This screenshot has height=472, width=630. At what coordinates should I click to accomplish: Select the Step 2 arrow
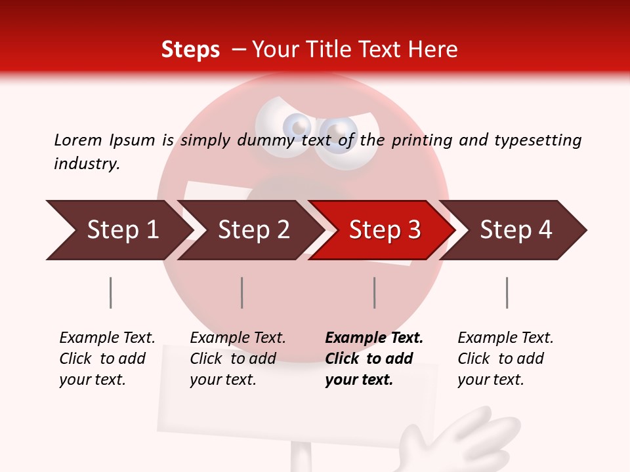[252, 230]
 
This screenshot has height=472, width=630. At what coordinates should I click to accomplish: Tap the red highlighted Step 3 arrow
[383, 230]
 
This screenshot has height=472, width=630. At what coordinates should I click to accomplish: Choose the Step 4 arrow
[516, 230]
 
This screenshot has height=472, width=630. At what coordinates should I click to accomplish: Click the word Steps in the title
[190, 50]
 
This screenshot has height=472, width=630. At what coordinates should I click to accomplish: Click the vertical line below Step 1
[110, 292]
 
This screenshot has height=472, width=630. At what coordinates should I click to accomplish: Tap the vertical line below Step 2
[242, 292]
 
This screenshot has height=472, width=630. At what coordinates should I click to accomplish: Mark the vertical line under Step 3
[375, 292]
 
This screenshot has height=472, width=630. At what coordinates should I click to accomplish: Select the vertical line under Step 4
[507, 292]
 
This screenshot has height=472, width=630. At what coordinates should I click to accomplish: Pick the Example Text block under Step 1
[107, 358]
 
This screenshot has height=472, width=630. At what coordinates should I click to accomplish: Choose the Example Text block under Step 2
[238, 358]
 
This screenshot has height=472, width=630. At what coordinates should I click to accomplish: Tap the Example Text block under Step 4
[505, 358]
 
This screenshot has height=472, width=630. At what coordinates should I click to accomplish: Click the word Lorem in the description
[77, 140]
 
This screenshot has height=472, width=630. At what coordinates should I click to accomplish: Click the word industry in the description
[87, 163]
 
